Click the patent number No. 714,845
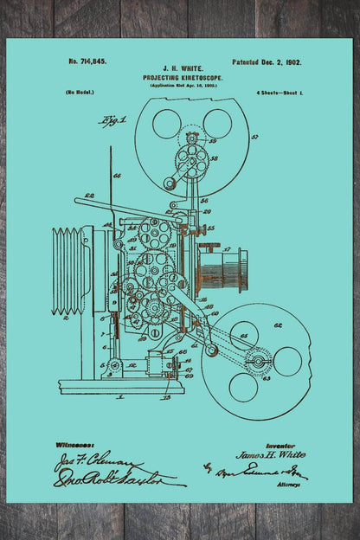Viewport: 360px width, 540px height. [87, 62]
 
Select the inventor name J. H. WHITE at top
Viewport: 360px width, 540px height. [182, 67]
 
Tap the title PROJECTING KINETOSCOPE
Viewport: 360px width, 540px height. [182, 77]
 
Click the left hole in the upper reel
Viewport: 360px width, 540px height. [166, 124]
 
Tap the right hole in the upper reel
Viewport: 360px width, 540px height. [217, 123]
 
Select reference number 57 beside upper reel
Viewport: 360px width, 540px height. [254, 138]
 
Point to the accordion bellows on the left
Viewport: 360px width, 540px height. [69, 271]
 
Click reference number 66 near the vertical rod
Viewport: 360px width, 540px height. [117, 176]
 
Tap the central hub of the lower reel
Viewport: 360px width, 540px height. [258, 360]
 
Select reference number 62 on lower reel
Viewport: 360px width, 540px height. [279, 326]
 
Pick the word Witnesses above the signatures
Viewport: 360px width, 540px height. [75, 444]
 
